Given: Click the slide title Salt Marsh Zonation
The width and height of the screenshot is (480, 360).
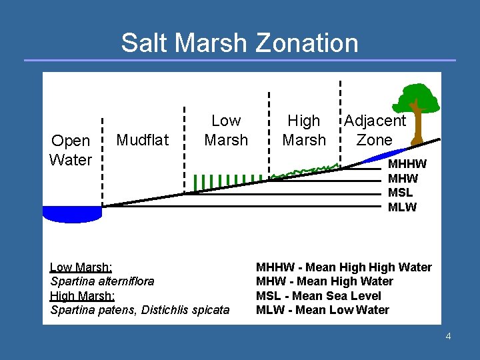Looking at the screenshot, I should point(239,43).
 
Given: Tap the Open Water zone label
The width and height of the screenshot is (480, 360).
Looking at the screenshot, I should point(70,150).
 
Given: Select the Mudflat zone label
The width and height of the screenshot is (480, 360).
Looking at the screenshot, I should point(143,139).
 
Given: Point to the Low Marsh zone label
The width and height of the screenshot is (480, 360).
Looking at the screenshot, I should point(225,130).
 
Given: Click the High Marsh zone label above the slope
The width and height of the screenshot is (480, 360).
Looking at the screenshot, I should point(304,130).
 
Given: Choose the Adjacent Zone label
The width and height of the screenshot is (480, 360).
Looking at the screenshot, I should point(374,130).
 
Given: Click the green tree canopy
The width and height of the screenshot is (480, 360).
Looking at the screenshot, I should point(415,98).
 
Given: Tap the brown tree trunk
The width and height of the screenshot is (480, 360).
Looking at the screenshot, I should point(418,127).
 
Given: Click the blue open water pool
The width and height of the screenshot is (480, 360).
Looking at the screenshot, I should point(72,213).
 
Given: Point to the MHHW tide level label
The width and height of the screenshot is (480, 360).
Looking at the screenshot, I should point(407,164).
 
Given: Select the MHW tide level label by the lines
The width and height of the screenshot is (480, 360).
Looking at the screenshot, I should point(403,179).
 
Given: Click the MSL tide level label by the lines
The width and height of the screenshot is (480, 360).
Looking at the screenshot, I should point(400,193).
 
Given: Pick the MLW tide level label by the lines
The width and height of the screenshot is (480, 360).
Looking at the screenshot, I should point(402,207).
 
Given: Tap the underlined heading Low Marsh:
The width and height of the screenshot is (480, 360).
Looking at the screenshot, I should point(81,267).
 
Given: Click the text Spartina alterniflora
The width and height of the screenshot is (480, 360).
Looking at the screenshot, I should point(102,281).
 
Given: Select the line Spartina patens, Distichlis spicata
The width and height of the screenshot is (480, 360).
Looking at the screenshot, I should point(140,310).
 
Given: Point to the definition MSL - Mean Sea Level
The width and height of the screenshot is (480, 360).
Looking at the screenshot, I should point(319,296).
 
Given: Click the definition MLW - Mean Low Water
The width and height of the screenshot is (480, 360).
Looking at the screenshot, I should point(323,310).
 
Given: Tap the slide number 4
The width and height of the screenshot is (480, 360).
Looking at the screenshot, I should point(448,336).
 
